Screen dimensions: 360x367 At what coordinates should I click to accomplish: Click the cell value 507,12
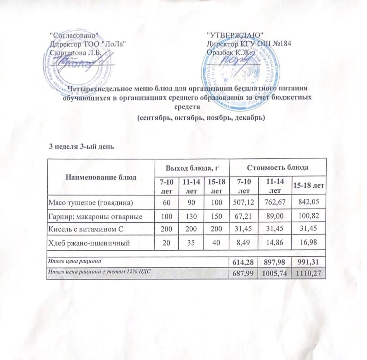point(244,203)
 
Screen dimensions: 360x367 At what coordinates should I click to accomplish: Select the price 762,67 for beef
point(274,203)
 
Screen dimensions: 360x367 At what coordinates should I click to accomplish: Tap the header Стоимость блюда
point(278,168)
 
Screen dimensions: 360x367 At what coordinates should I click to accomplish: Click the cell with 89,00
point(274,217)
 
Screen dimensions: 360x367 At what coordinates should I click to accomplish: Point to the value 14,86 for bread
point(274,243)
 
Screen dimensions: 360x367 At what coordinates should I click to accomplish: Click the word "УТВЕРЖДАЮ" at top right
point(235,35)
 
